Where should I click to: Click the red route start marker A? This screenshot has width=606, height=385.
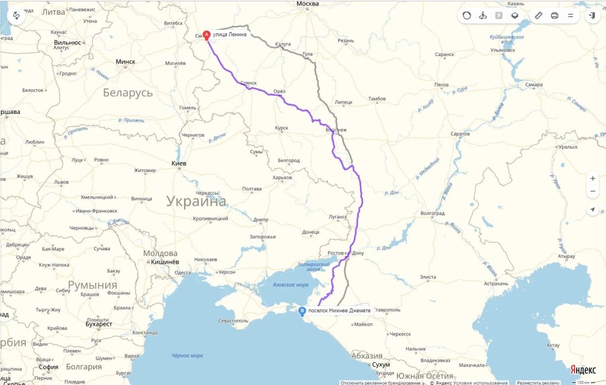coord(206,35)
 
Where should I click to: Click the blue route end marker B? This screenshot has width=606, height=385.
coord(302,311)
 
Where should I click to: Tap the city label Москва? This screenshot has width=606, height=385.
coord(308,4)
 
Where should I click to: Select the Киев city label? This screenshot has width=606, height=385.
coord(179,163)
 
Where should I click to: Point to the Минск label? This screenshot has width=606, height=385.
coord(125,62)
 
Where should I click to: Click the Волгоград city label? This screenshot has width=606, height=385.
coord(432,213)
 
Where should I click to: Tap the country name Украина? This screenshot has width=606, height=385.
coord(196,202)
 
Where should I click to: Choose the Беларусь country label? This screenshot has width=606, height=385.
coord(128,93)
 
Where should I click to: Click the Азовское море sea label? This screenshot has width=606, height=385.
coord(290,285)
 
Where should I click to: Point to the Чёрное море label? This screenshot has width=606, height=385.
coord(187,355)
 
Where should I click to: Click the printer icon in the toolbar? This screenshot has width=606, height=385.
coord(554,16)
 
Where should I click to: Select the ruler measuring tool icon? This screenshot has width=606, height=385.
coord(538,16)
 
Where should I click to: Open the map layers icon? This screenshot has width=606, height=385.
coord(515,16)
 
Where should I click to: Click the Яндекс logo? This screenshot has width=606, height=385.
coord(583,370)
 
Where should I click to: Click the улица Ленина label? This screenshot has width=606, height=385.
coord(230,34)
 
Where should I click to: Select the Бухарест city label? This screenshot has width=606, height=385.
coord(99,324)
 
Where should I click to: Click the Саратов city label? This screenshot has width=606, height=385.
coord(460,134)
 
